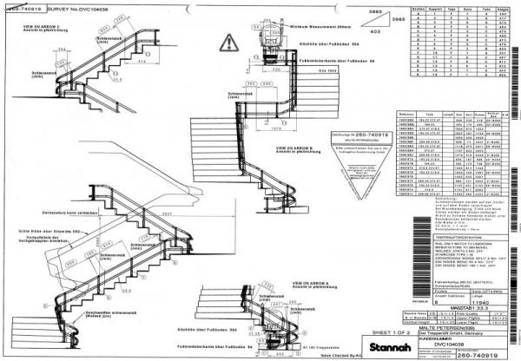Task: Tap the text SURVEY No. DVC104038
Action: pyautogui.click(x=69, y=6)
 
